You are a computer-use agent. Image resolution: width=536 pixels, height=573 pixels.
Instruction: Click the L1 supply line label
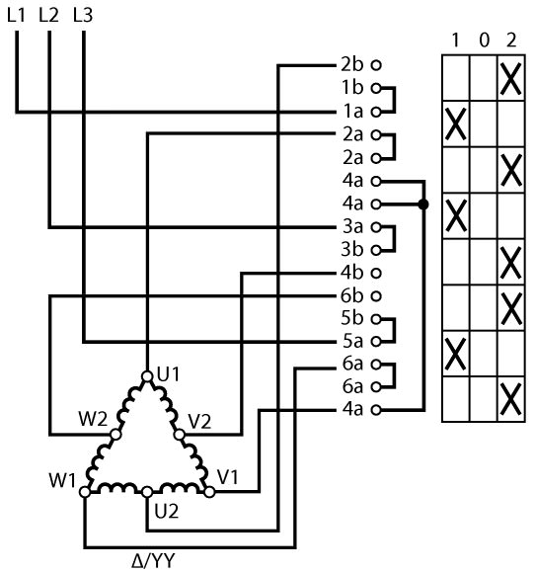coord(16,16)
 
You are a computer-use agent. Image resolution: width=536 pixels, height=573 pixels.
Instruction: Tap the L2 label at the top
coord(48,16)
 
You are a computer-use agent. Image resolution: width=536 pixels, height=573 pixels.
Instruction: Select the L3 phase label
coord(83,16)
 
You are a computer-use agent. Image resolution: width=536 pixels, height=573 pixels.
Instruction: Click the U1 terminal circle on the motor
coord(147,376)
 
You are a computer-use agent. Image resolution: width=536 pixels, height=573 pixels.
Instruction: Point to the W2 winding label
coord(93,419)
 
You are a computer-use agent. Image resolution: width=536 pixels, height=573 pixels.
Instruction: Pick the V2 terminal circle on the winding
coord(179,435)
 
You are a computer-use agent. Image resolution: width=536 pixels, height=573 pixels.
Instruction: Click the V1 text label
coord(227,477)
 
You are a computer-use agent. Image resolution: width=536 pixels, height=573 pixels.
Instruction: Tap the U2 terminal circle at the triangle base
coord(147,492)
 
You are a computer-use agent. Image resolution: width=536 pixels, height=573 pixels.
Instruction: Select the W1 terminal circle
coord(85,492)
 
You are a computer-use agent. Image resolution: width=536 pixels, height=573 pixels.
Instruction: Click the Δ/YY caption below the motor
coord(153,560)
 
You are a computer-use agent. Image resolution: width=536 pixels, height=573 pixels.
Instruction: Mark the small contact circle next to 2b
coord(376,65)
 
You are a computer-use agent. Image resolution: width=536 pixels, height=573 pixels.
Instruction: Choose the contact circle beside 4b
coord(376,273)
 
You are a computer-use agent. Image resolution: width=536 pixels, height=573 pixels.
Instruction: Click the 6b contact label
coord(352,295)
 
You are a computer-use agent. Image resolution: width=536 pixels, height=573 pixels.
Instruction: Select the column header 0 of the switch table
coord(484,41)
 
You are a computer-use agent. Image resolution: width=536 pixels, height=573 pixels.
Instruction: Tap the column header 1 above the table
coord(455,41)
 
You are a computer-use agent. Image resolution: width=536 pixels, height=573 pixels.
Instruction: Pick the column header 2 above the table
coord(511,41)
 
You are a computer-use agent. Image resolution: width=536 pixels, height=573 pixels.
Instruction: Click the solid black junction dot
coord(423,205)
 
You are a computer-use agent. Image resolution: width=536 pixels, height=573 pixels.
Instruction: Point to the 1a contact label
coord(353,112)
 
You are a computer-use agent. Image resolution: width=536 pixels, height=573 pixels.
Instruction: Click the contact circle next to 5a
coord(376,342)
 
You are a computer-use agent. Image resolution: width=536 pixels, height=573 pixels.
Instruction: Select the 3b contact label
coord(352,250)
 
